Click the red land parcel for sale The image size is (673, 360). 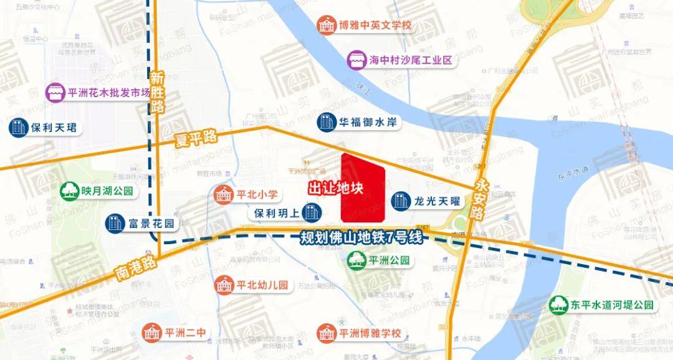pyautogui.click(x=363, y=188)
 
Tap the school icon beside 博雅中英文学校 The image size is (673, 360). pyautogui.click(x=327, y=26)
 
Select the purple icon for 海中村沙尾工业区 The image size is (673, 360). pyautogui.click(x=357, y=60)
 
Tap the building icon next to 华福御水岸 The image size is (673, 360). pyautogui.click(x=326, y=122)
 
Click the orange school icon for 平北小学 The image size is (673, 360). pyautogui.click(x=222, y=194)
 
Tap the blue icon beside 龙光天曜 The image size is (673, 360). pyautogui.click(x=400, y=201)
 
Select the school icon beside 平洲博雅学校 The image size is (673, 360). pyautogui.click(x=326, y=333)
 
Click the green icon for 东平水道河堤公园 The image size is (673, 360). pyautogui.click(x=559, y=305)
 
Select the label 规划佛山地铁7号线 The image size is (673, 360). pyautogui.click(x=361, y=237)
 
